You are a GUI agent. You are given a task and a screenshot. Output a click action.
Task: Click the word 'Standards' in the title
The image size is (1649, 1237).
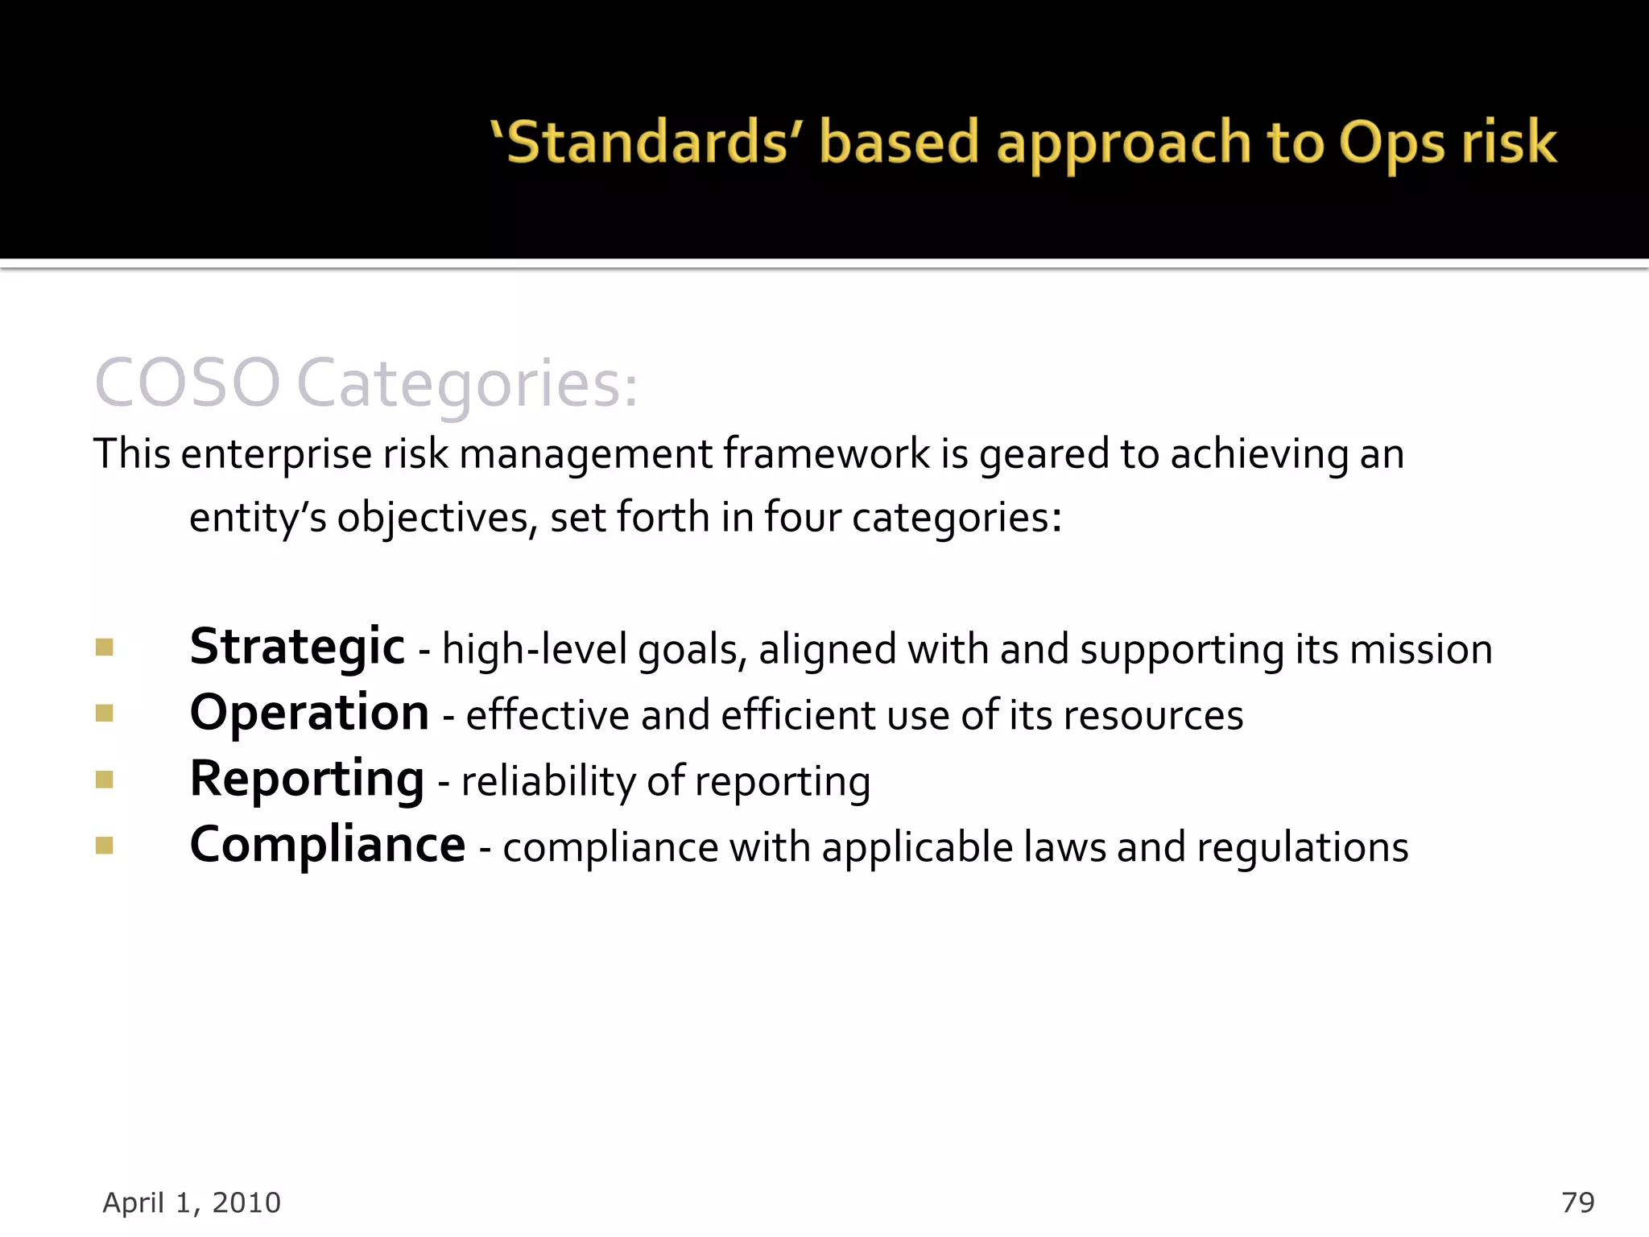point(648,143)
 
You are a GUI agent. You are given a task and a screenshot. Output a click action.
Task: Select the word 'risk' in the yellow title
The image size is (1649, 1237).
point(1509,143)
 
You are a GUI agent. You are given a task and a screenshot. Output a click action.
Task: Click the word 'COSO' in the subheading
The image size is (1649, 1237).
point(187,383)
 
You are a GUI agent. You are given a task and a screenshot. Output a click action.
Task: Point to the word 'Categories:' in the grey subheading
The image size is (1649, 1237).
point(467,385)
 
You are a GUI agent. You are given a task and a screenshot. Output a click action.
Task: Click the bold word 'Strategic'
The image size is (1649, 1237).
point(296,647)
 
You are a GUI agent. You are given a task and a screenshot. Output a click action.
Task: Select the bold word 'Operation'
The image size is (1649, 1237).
point(309,714)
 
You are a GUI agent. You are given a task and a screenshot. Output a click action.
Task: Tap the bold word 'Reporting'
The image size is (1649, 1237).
point(307,780)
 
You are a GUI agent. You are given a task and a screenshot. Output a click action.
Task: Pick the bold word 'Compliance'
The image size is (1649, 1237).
point(327,845)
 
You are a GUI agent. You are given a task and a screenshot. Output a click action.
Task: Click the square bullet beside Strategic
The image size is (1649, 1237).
point(104,647)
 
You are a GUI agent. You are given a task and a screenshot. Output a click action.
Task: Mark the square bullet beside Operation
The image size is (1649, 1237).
point(104,714)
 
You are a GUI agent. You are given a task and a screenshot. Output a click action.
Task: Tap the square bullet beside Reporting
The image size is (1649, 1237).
point(104,780)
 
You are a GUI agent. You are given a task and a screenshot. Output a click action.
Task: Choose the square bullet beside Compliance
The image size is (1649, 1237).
point(104,845)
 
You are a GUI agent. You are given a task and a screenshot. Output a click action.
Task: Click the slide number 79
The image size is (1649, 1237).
point(1577,1202)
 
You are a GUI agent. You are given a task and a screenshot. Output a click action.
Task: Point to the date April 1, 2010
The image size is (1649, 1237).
point(192,1202)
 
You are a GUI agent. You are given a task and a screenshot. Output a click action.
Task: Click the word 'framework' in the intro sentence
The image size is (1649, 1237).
point(826,453)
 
